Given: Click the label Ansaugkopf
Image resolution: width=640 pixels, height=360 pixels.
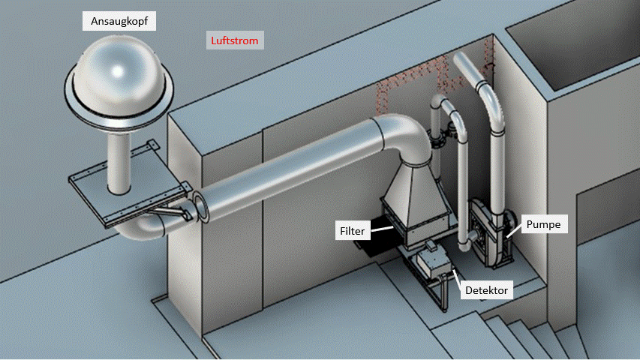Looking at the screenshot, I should pos(119,20).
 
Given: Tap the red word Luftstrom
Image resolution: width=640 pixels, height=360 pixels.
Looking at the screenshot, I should pos(233,40).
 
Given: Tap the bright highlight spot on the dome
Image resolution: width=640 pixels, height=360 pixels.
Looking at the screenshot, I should pos(117,71).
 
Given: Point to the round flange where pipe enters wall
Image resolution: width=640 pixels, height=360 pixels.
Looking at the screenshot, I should pos(201,207).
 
